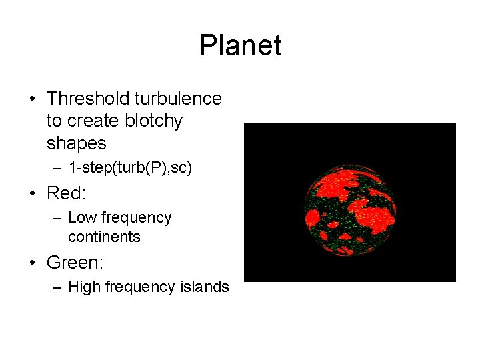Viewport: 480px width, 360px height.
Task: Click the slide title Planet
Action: point(240,46)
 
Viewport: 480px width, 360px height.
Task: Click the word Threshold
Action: point(88,99)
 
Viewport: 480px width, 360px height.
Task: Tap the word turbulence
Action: point(178,99)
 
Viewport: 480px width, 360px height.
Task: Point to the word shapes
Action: point(76,143)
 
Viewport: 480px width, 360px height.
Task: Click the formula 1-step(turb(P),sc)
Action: point(130,168)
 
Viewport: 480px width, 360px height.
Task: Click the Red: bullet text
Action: point(67,193)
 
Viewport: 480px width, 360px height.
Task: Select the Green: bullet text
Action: point(75,263)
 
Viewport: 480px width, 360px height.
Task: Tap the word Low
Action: point(83,217)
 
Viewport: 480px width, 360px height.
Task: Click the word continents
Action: point(104,237)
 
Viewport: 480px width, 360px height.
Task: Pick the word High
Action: point(84,287)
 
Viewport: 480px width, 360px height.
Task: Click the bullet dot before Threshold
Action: point(33,99)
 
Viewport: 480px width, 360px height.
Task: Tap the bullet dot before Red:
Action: point(33,194)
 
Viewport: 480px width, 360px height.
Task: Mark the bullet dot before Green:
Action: point(33,263)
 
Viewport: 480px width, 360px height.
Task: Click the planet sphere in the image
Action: point(350,210)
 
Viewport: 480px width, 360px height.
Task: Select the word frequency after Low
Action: point(137,217)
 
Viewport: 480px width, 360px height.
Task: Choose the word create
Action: point(91,121)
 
